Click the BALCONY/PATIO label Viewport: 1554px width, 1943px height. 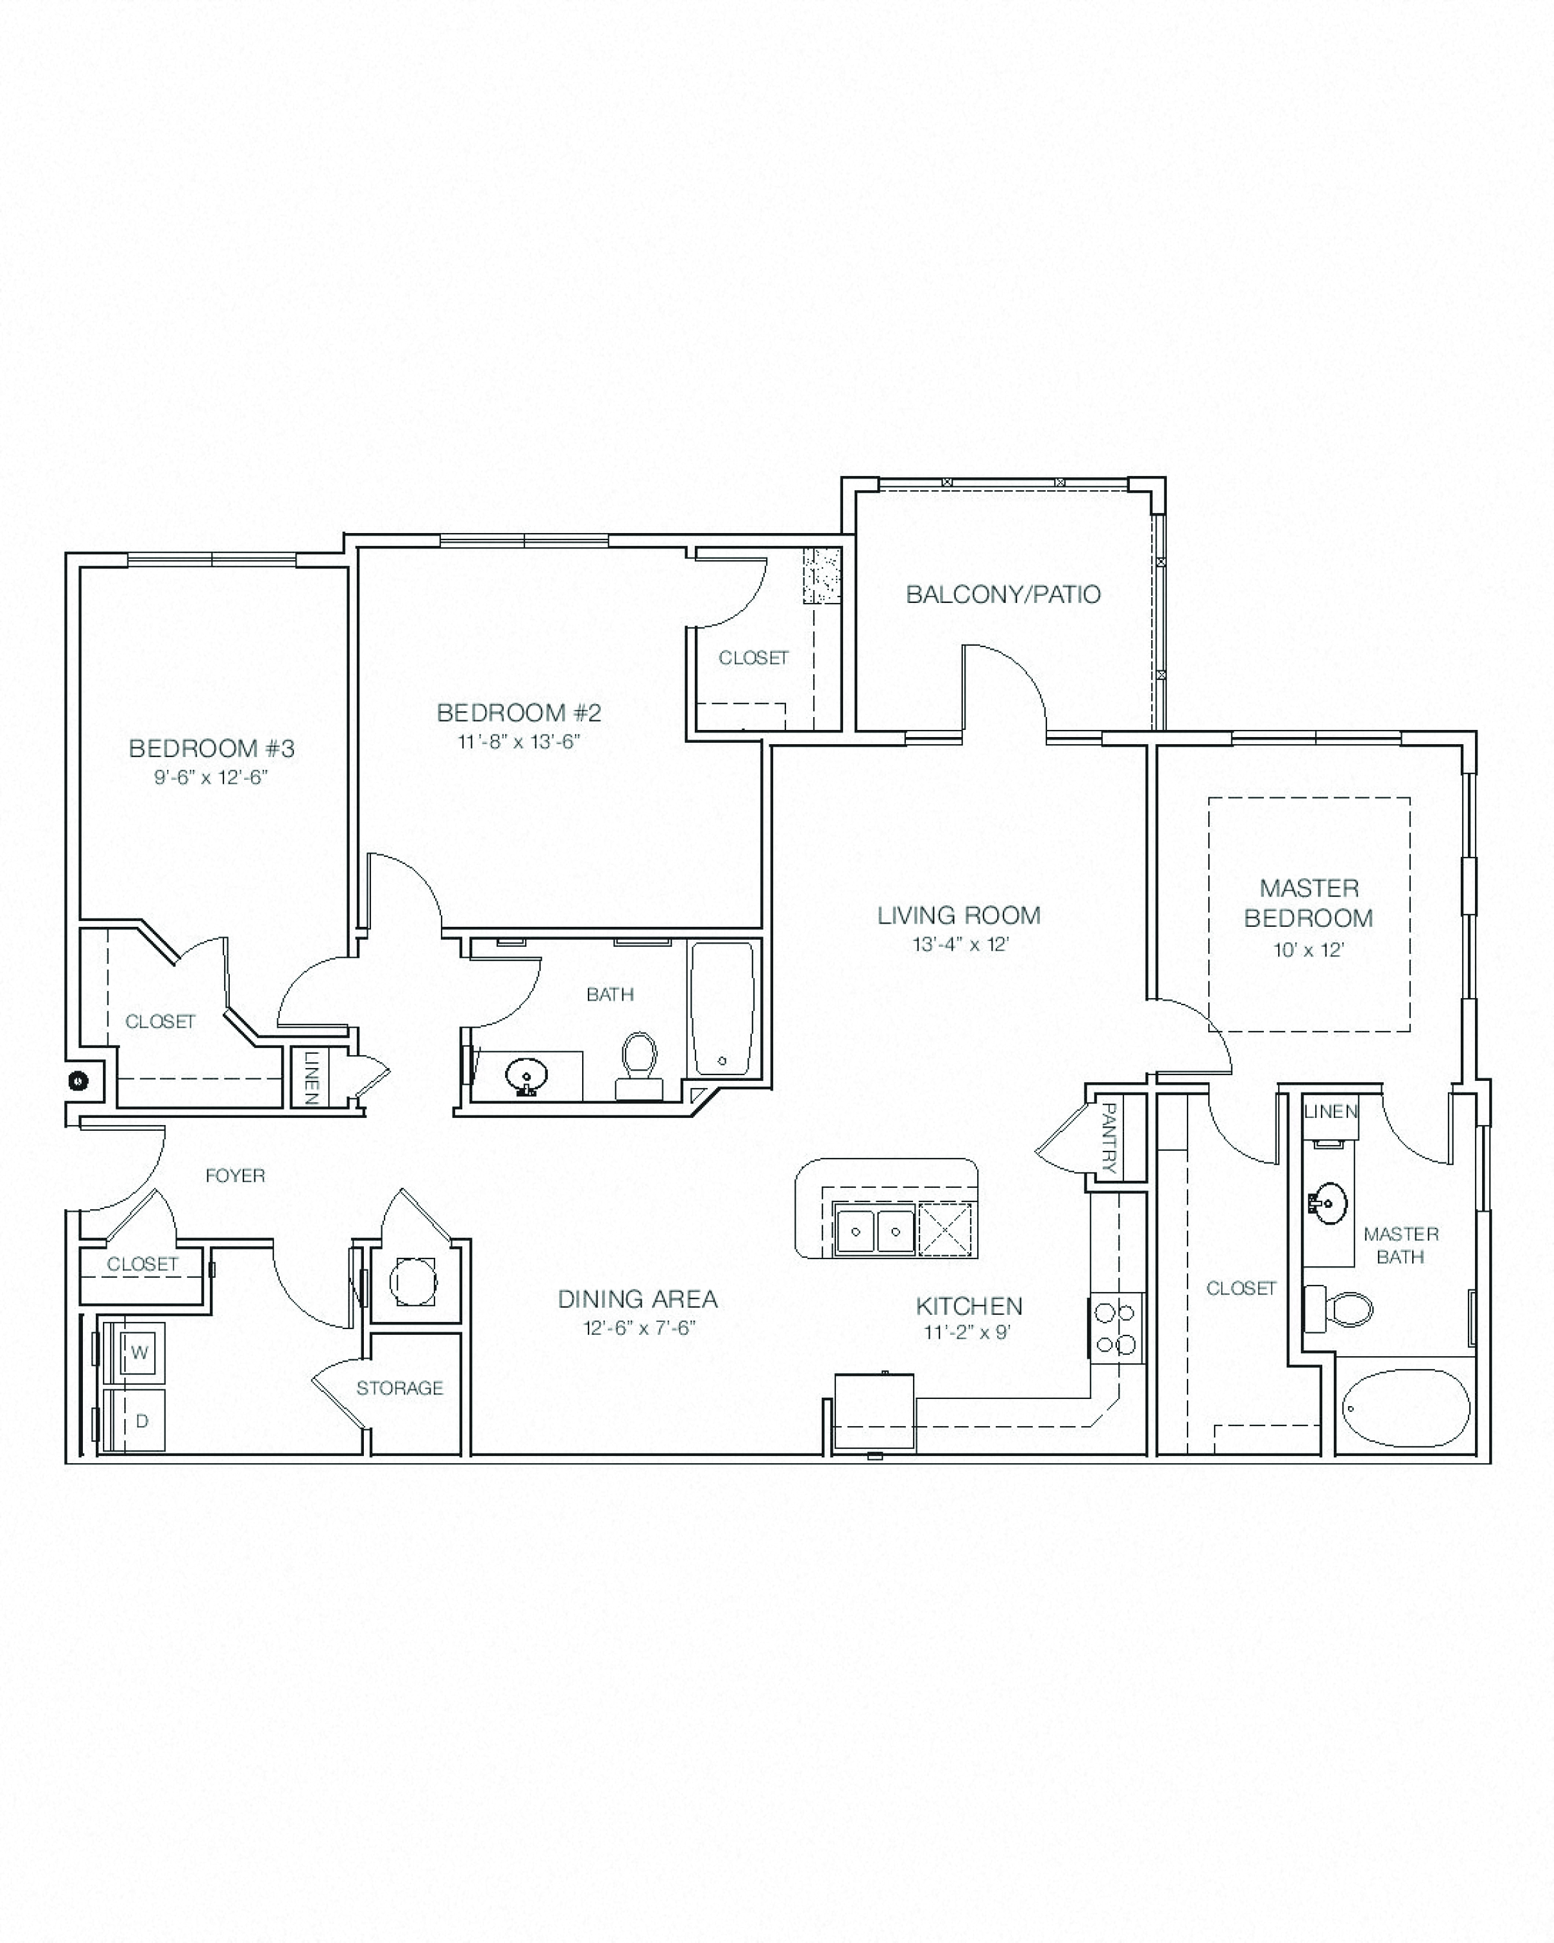pyautogui.click(x=1003, y=595)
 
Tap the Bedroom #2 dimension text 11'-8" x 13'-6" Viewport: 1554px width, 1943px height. pyautogui.click(x=518, y=742)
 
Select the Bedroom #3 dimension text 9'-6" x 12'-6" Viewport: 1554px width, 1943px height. pyautogui.click(x=211, y=777)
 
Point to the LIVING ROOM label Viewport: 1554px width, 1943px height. pyautogui.click(x=958, y=916)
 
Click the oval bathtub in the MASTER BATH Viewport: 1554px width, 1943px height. pyautogui.click(x=1405, y=1407)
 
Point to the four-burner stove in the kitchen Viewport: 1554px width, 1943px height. pyautogui.click(x=1115, y=1328)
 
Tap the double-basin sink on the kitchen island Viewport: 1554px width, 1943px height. pyautogui.click(x=874, y=1230)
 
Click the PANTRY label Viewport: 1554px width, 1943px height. pyautogui.click(x=1109, y=1137)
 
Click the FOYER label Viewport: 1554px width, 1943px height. pyautogui.click(x=234, y=1175)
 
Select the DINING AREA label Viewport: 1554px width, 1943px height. pyautogui.click(x=637, y=1299)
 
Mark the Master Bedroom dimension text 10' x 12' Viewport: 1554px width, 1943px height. pyautogui.click(x=1308, y=950)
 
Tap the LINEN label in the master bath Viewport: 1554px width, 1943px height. pyautogui.click(x=1330, y=1111)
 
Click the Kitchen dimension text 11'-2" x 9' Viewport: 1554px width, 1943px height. pyautogui.click(x=967, y=1332)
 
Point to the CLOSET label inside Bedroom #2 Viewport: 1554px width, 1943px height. pyautogui.click(x=753, y=658)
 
